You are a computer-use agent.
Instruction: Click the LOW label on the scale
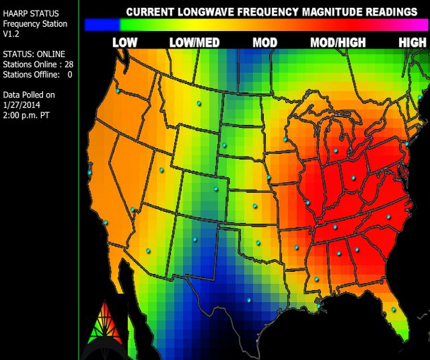click(x=125, y=43)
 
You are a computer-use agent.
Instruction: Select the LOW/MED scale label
click(x=194, y=43)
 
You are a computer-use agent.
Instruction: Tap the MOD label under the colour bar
click(x=265, y=43)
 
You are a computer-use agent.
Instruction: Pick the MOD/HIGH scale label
click(x=338, y=43)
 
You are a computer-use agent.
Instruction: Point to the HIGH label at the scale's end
click(x=412, y=43)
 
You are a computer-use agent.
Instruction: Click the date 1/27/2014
click(x=22, y=104)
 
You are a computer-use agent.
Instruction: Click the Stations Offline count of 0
click(x=70, y=74)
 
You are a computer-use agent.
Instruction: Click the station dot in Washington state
click(x=117, y=91)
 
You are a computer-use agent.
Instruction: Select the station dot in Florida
click(x=393, y=308)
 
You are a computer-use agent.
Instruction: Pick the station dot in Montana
click(x=198, y=103)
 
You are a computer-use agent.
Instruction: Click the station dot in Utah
click(x=162, y=169)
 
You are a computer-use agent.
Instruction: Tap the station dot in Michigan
click(x=336, y=150)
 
